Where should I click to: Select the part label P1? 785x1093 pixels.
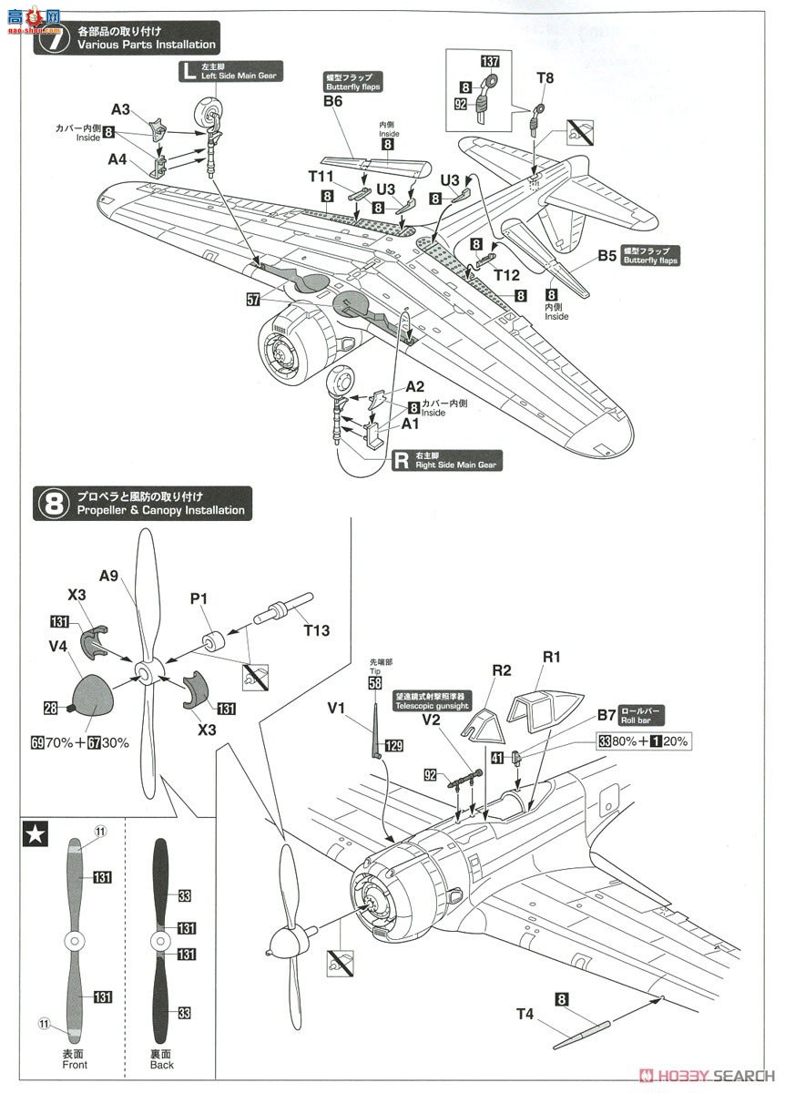[x=200, y=599]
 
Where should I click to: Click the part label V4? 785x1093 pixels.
[x=59, y=645]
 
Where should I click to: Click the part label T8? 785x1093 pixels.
[x=545, y=78]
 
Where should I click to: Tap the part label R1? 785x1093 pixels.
[x=553, y=657]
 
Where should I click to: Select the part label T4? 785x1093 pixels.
[x=525, y=1014]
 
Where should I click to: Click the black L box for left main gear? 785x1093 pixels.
[x=189, y=73]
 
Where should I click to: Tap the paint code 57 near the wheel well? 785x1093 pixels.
[x=252, y=299]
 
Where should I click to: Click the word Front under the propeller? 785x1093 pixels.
[x=76, y=1064]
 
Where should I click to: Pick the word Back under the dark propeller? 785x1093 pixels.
[x=162, y=1064]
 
